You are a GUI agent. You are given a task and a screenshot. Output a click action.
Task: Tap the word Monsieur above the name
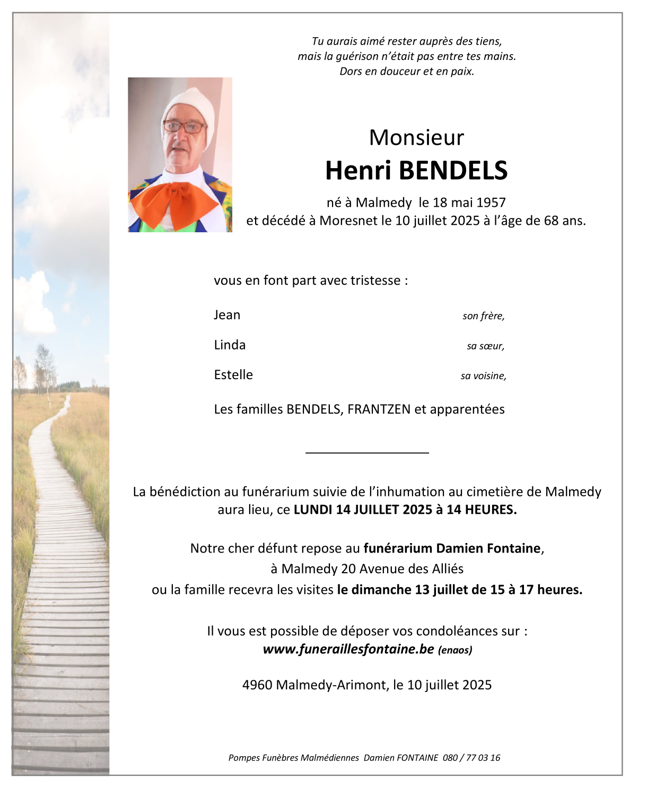click(x=416, y=138)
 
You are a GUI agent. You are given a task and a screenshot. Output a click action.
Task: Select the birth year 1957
click(x=491, y=203)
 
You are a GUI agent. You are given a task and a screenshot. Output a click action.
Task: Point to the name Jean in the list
click(x=227, y=315)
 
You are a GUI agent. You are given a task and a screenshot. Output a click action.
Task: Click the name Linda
click(x=230, y=345)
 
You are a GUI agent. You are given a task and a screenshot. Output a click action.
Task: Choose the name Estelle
click(x=233, y=375)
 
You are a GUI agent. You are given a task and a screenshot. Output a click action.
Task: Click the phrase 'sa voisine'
click(x=483, y=376)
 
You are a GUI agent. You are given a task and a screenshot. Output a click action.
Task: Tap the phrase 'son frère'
click(x=483, y=316)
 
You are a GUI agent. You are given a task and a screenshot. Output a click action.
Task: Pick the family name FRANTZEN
click(x=379, y=409)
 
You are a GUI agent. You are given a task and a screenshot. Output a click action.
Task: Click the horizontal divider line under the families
click(x=367, y=452)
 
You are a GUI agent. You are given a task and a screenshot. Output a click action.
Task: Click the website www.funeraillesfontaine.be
click(x=348, y=649)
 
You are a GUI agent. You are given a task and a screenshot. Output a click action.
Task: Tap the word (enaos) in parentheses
click(x=455, y=650)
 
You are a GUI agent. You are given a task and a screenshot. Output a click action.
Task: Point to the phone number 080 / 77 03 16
click(x=471, y=758)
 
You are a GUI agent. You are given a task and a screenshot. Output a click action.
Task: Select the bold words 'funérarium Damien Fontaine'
click(x=452, y=548)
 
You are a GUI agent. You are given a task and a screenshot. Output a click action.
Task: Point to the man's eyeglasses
click(x=183, y=127)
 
